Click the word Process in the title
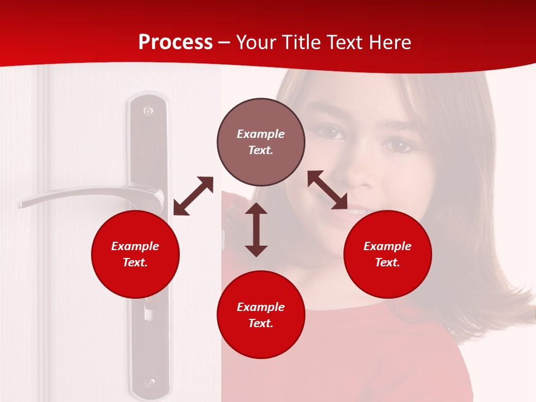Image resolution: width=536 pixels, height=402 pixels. coord(175,42)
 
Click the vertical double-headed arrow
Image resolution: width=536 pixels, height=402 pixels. coord(256,229)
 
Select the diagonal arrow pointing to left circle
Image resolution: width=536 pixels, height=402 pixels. coord(193,196)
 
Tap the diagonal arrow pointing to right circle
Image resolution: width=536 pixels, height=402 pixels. coord(327,190)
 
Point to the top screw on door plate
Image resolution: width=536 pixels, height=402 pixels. coord(148,111)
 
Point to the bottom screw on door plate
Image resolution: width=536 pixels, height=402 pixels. coord(149,382)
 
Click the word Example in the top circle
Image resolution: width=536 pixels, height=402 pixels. coord(261,134)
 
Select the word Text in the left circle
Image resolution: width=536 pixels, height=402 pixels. coord(135,262)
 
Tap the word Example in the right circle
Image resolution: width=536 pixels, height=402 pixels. coord(387,246)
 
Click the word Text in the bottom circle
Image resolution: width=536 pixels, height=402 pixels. coord(261,323)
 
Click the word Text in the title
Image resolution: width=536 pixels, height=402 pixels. coord(344,42)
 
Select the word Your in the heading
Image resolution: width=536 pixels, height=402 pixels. coord(256,42)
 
